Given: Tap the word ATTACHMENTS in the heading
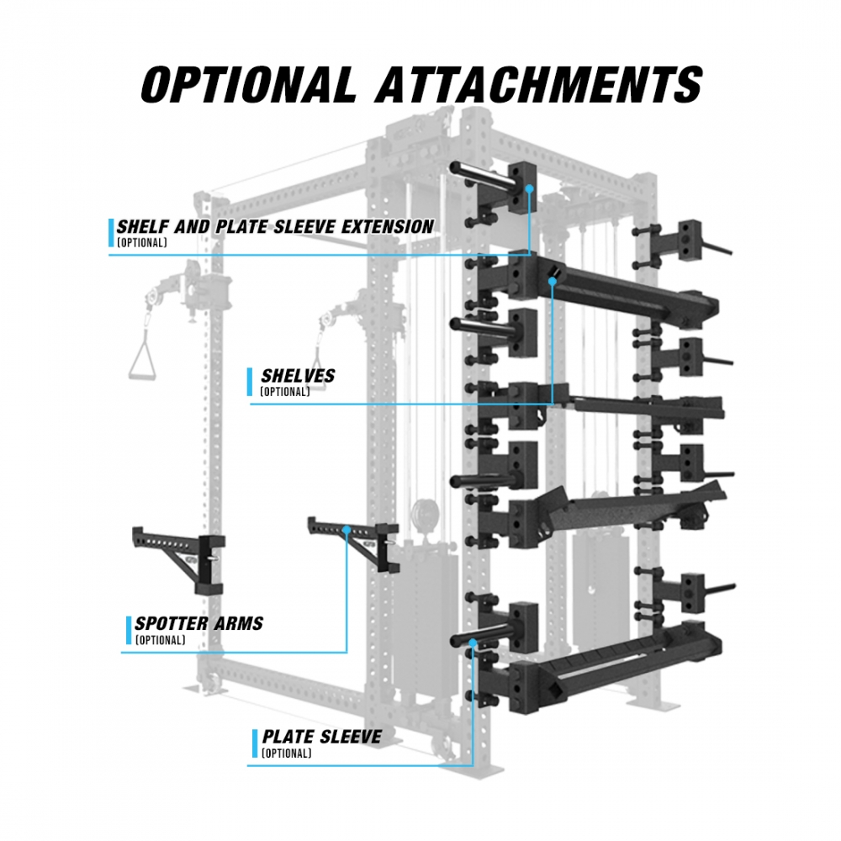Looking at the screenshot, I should (538, 83).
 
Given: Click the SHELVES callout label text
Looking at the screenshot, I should (297, 375).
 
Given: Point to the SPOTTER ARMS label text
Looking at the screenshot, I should (199, 624).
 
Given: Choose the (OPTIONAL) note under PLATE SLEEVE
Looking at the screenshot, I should (286, 754).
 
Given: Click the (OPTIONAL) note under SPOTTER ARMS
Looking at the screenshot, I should (160, 641).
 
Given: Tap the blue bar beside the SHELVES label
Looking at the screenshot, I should (250, 382).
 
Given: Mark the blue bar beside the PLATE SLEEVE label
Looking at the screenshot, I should (255, 743).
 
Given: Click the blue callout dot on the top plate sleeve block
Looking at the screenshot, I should (530, 189).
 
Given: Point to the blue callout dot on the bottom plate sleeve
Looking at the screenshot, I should (474, 644).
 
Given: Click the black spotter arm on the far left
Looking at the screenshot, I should (177, 555).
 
